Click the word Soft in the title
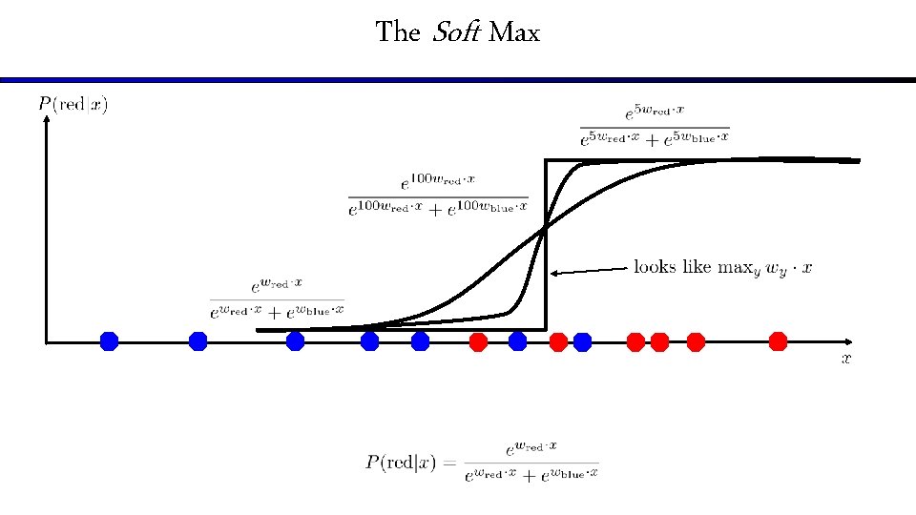(456, 32)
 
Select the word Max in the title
(515, 33)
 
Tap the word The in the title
(398, 32)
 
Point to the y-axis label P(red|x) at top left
(73, 104)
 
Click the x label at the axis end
(845, 359)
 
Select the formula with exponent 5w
(654, 125)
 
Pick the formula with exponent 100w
(438, 194)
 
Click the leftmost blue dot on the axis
(109, 340)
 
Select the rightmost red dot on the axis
(778, 340)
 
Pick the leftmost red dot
(479, 340)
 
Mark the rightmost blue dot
(582, 340)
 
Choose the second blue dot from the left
(198, 340)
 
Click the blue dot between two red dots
(517, 340)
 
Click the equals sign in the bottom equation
(448, 463)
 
